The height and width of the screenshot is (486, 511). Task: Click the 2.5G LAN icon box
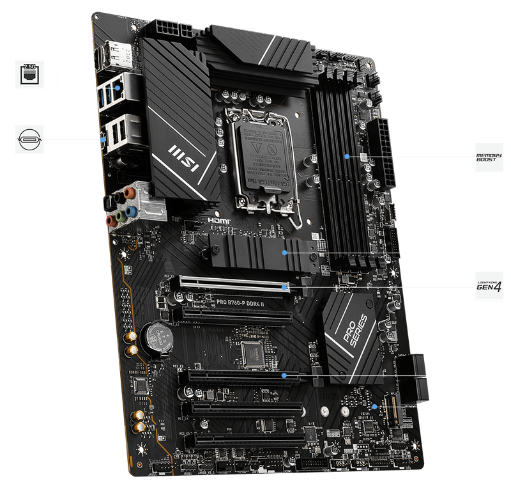[29, 74]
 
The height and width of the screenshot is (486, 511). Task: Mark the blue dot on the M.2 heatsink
[286, 253]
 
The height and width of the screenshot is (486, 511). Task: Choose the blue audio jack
[131, 210]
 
